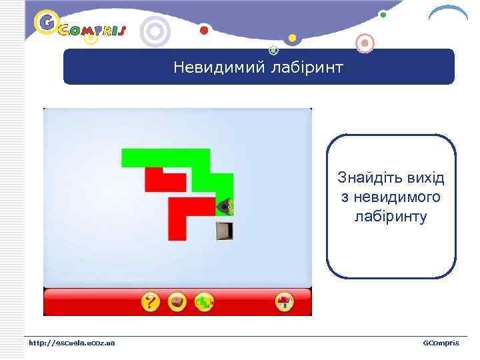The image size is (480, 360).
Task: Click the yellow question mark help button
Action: [151, 303]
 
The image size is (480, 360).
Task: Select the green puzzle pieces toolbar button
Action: [204, 303]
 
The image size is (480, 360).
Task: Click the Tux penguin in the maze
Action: [225, 207]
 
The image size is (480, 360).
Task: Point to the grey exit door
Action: [225, 231]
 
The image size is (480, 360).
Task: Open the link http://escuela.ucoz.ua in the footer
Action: [71, 343]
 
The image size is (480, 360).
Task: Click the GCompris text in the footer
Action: [441, 343]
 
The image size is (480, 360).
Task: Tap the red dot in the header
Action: [204, 30]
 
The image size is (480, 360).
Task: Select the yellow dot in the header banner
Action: [292, 37]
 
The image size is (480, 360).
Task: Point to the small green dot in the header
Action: [383, 14]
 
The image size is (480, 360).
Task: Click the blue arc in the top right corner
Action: [447, 13]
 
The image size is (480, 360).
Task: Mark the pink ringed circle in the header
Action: [365, 44]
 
